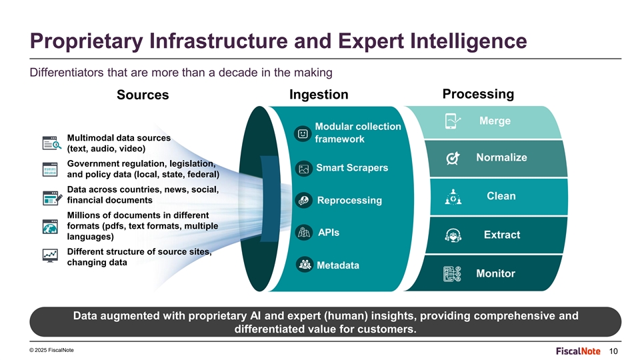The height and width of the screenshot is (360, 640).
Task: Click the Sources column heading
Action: (143, 95)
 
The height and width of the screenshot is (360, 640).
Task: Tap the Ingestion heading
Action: (319, 95)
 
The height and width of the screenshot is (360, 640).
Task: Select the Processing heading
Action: (478, 94)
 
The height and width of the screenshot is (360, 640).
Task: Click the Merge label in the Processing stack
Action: (495, 121)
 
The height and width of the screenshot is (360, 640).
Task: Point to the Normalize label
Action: (501, 157)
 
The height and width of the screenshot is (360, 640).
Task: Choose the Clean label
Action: (501, 196)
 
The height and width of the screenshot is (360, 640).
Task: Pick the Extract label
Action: (502, 235)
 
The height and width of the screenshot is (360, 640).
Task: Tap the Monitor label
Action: (495, 273)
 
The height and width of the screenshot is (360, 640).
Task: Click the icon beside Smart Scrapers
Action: (304, 169)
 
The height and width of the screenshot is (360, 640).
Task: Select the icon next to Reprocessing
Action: (304, 200)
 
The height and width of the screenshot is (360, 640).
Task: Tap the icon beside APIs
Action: (304, 232)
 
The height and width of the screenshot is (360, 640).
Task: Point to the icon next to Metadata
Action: (305, 265)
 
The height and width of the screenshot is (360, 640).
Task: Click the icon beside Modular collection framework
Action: (303, 134)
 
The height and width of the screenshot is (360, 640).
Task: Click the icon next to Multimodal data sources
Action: (52, 143)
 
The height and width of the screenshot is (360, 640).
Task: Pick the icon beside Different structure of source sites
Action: (50, 255)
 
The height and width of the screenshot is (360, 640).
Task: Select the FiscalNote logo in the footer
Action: (578, 351)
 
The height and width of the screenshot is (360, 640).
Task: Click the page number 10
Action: (613, 351)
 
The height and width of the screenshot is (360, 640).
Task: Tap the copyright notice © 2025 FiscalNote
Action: (51, 350)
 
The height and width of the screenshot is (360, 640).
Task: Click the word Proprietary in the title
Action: (87, 41)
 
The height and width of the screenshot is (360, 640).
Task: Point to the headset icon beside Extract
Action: (453, 235)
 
